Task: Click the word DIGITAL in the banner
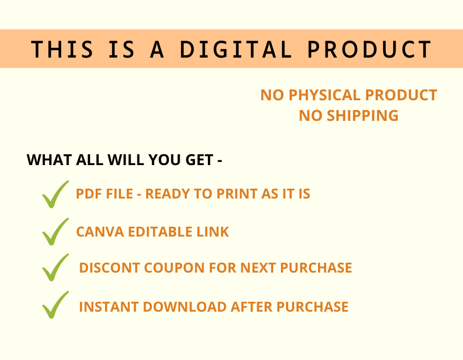[236, 49]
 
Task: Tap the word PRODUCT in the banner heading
[369, 49]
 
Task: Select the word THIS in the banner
[62, 49]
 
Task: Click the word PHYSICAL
[325, 95]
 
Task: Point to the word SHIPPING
[362, 115]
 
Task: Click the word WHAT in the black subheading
[49, 160]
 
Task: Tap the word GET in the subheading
[199, 160]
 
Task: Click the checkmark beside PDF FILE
[55, 194]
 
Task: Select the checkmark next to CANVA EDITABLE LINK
[55, 231]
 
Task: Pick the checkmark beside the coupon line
[55, 267]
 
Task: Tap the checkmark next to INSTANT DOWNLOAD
[55, 305]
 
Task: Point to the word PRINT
[237, 194]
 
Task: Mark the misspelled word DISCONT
[110, 268]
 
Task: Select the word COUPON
[174, 268]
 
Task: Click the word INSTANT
[109, 307]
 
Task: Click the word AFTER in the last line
[252, 307]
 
